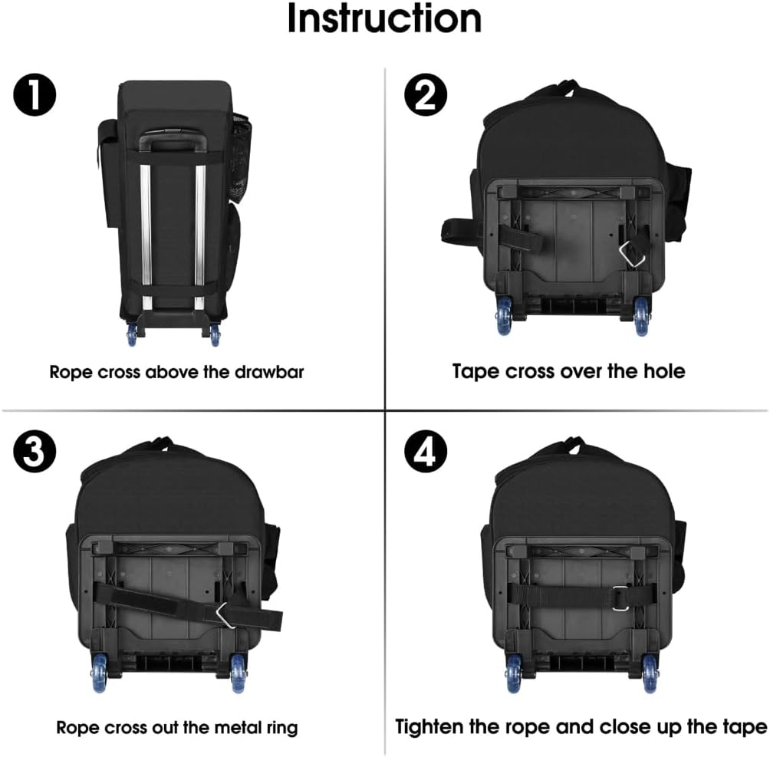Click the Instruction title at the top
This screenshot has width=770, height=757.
pyautogui.click(x=384, y=20)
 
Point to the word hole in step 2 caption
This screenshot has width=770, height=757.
pyautogui.click(x=662, y=371)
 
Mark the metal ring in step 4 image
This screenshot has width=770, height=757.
pyautogui.click(x=620, y=598)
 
